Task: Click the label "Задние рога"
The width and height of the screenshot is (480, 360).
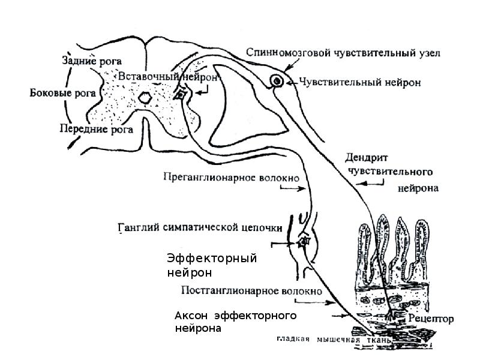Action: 92,61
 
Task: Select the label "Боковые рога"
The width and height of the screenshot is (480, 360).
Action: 59,93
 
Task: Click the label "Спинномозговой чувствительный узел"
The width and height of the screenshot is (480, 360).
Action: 344,53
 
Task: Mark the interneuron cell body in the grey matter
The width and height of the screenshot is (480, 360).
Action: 180,93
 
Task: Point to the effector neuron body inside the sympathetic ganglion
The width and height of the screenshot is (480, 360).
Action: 303,242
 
